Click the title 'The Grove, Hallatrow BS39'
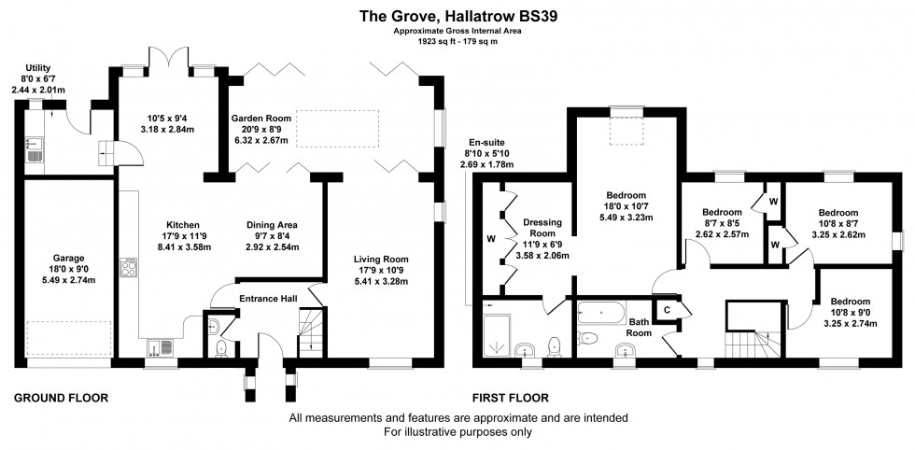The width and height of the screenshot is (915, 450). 457,15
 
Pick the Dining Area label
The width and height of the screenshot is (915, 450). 272,225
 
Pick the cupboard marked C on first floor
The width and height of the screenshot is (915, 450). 667,311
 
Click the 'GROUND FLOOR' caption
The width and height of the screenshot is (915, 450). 61,398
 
